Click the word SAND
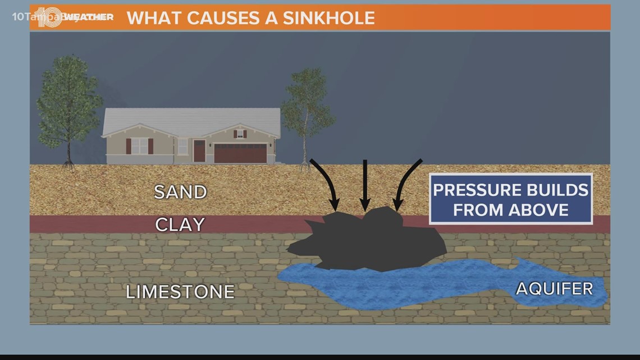(180, 192)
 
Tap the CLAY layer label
(180, 225)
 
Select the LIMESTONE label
(180, 292)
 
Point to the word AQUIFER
(554, 289)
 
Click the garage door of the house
(240, 153)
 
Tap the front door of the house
(199, 151)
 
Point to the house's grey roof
(191, 119)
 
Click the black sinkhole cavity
(365, 241)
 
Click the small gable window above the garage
(240, 134)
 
